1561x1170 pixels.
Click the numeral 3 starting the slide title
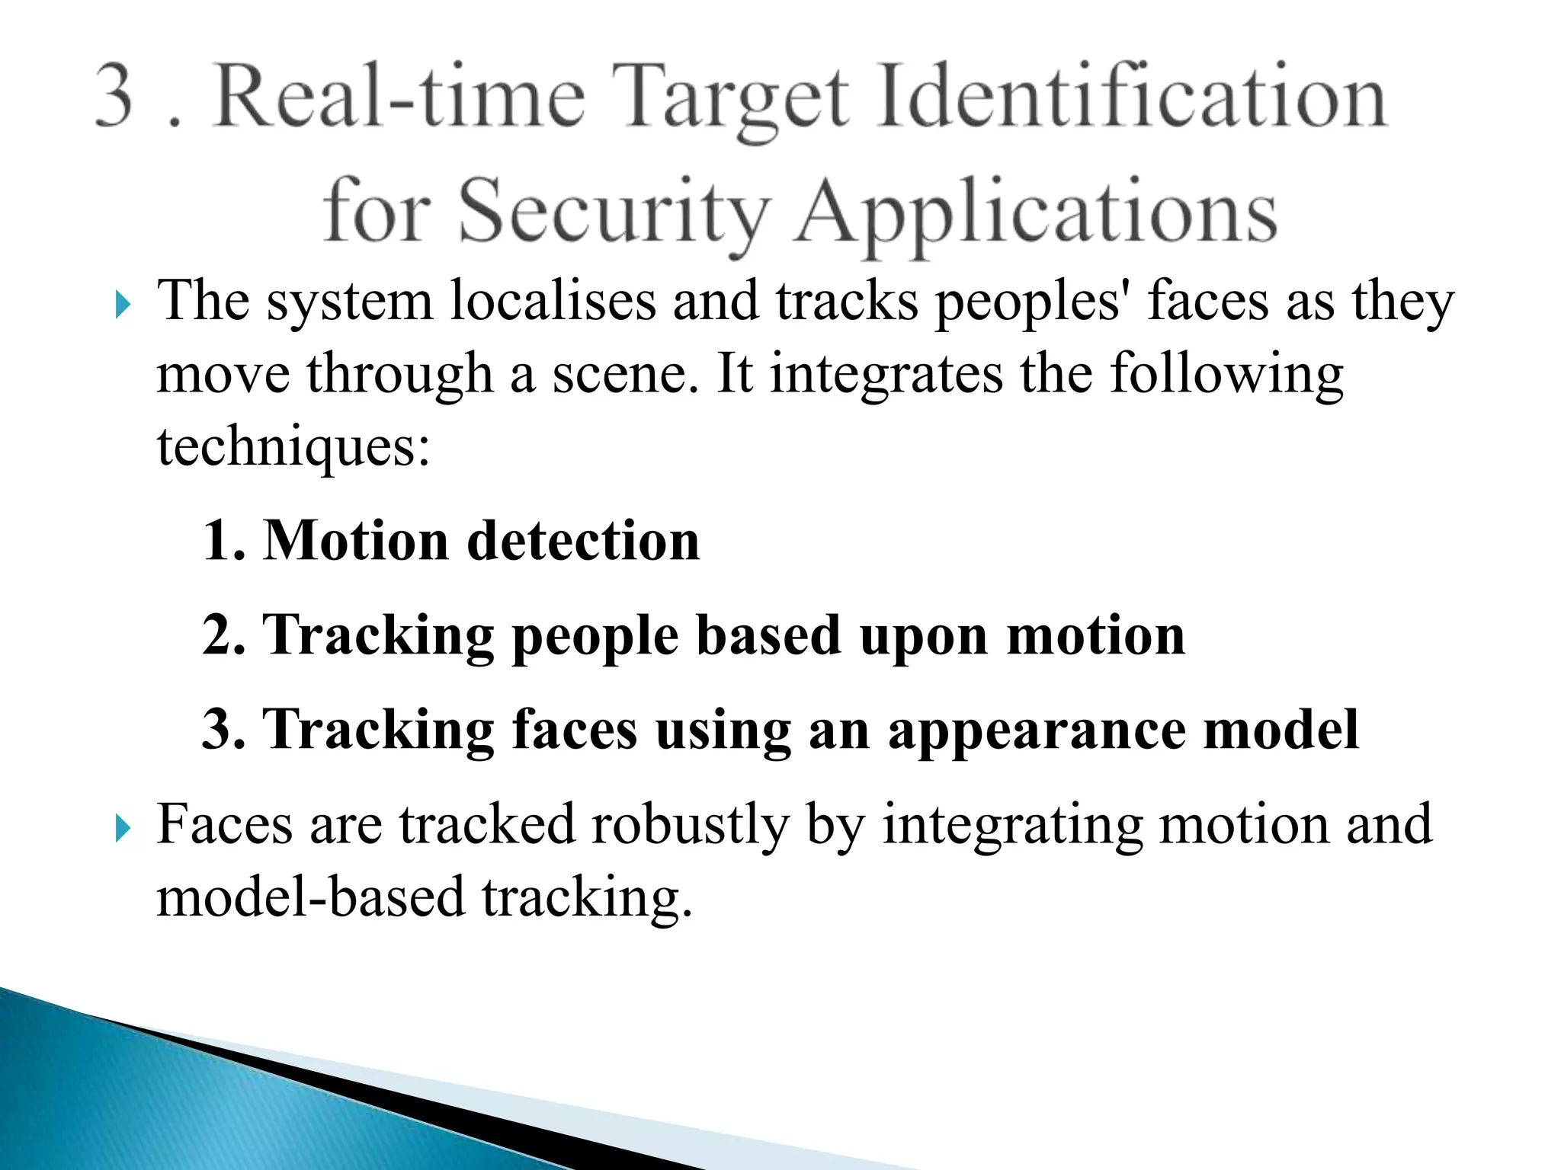(115, 97)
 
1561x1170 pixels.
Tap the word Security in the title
(614, 211)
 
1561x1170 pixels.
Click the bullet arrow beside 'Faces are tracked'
(123, 829)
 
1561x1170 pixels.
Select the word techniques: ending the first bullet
(293, 448)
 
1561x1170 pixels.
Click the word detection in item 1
(582, 541)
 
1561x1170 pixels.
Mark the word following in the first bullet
(1226, 375)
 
